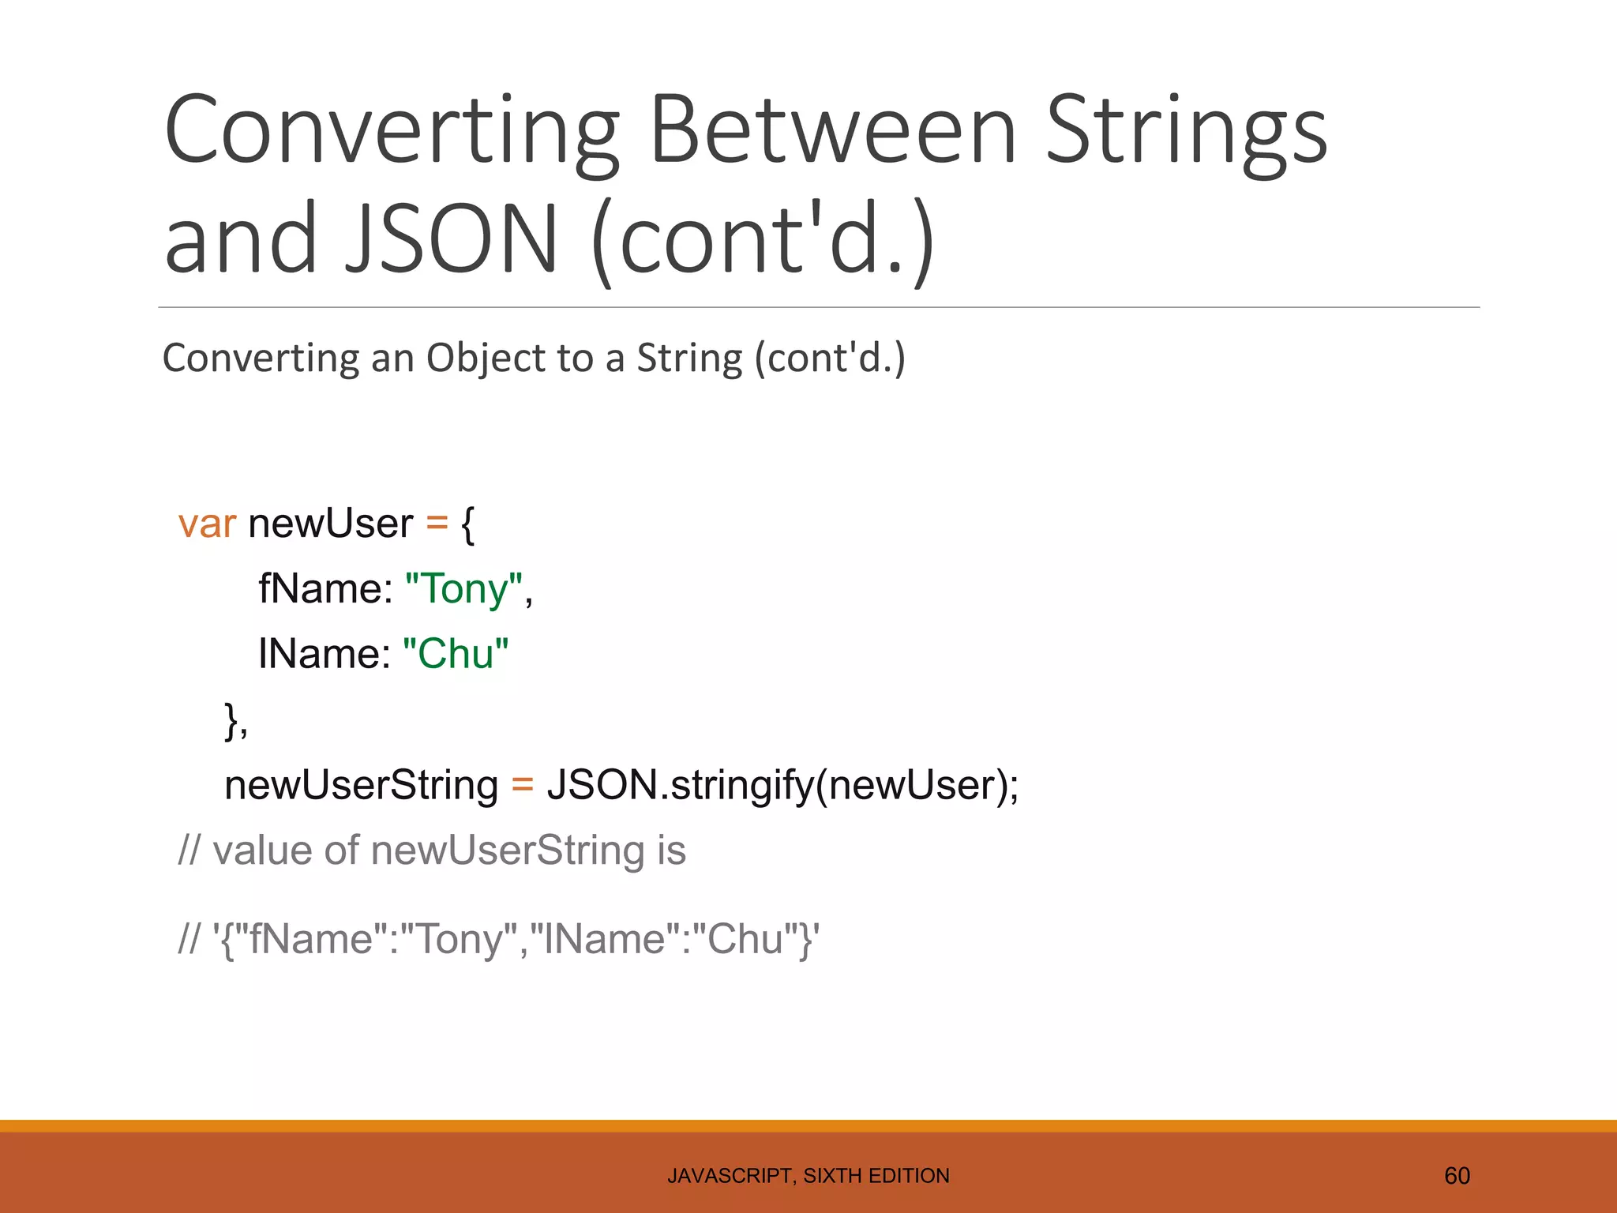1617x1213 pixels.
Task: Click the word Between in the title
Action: [832, 130]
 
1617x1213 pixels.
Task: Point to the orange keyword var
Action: [207, 524]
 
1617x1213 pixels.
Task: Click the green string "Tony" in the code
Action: [463, 589]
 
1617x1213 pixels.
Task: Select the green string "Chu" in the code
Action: [456, 654]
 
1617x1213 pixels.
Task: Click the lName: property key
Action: [324, 654]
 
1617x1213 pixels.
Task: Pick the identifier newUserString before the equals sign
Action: [361, 785]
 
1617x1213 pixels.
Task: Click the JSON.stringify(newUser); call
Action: [782, 785]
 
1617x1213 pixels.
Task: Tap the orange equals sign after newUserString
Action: [523, 785]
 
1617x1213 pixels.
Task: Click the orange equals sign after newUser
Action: [437, 524]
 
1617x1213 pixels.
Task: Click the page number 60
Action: [1457, 1176]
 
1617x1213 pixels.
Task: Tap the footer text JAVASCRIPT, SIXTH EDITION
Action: [808, 1176]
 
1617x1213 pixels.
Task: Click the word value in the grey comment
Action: [263, 851]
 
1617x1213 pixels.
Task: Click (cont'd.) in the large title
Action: [763, 238]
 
